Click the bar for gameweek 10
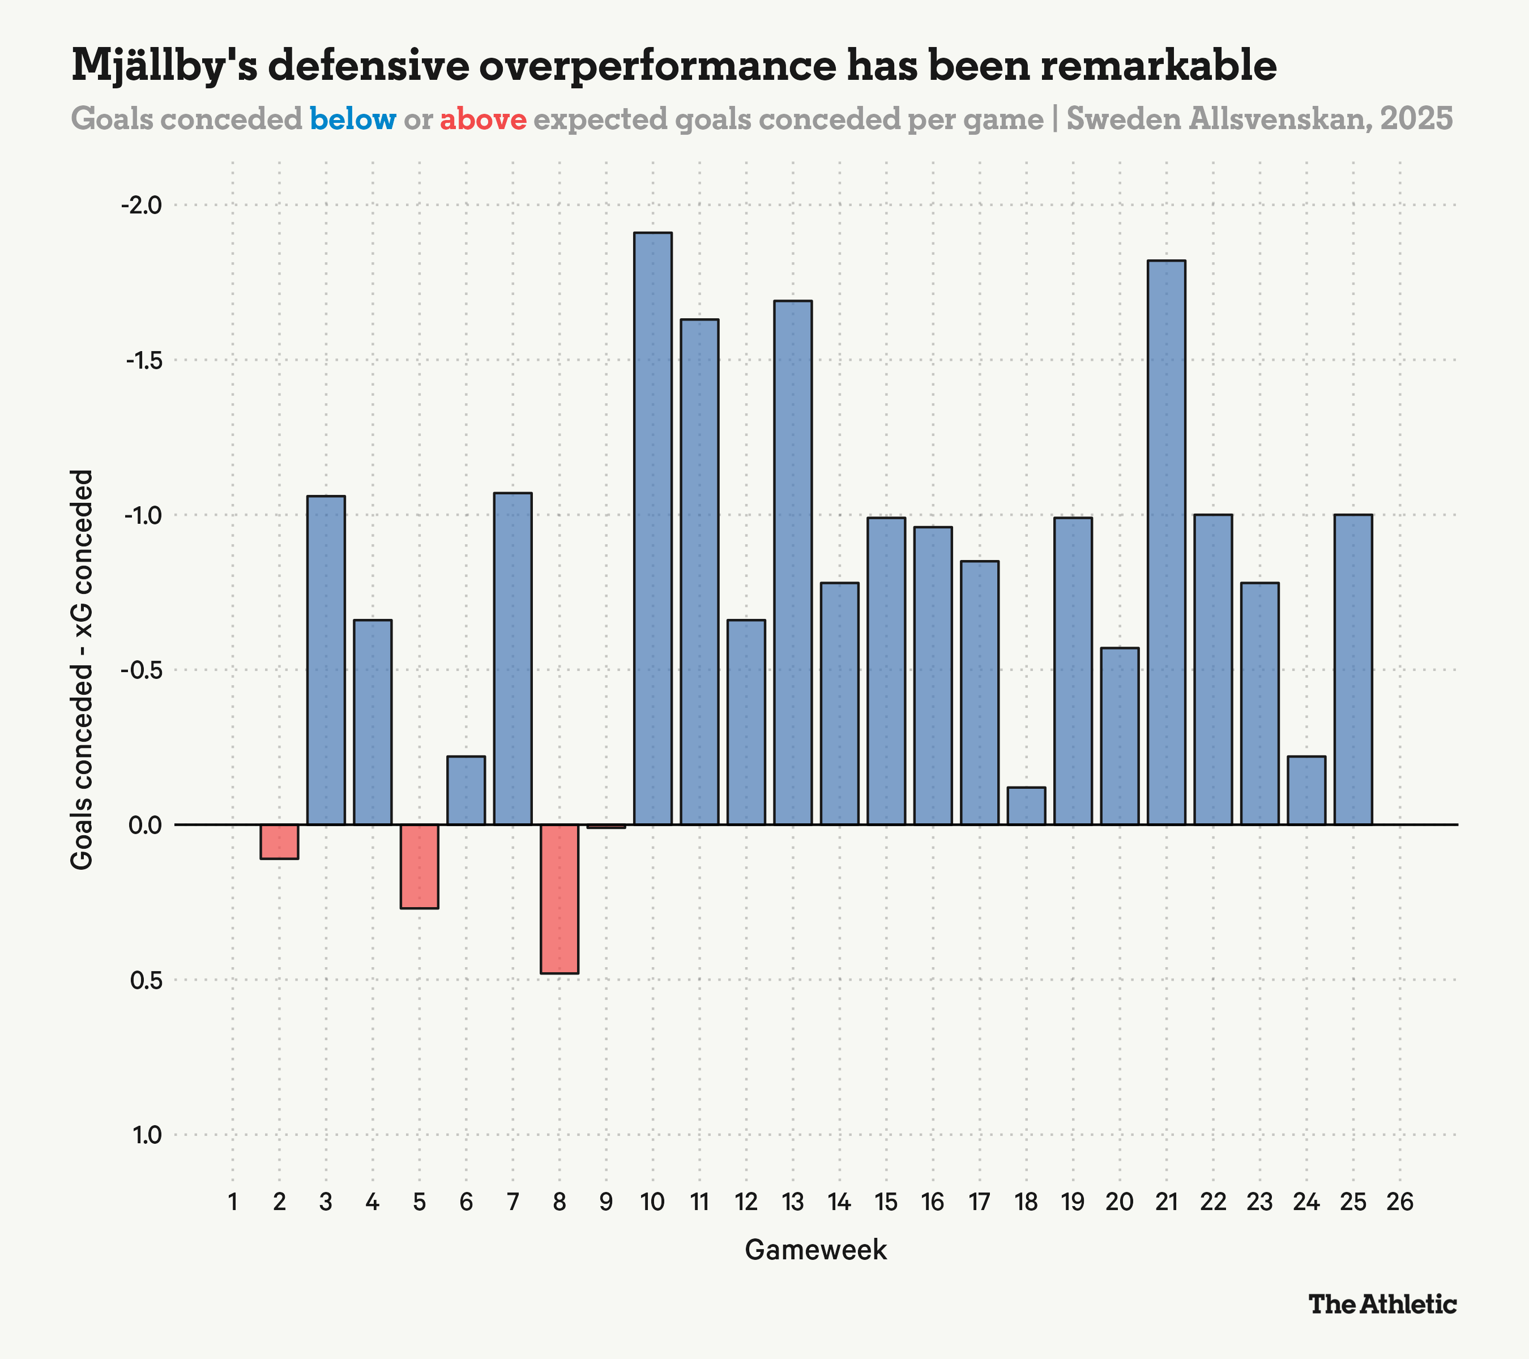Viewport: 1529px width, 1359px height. point(652,528)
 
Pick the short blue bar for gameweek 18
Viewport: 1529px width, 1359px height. point(1026,806)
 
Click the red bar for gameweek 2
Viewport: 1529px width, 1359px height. point(279,841)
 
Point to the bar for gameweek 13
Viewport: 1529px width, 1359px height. point(793,562)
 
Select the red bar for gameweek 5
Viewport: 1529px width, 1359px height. point(419,866)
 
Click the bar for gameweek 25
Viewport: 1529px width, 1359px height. point(1353,669)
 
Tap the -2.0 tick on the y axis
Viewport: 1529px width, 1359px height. point(142,205)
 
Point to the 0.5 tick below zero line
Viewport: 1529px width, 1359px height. point(146,980)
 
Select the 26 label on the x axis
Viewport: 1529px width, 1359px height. point(1399,1202)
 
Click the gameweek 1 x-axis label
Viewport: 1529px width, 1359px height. point(233,1202)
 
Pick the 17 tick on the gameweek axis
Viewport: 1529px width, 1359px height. point(979,1202)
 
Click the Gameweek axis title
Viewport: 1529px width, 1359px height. point(815,1250)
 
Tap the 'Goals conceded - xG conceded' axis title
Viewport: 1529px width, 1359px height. point(82,669)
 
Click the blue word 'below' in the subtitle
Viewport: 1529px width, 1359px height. point(352,119)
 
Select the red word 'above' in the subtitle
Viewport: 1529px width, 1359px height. point(482,119)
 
